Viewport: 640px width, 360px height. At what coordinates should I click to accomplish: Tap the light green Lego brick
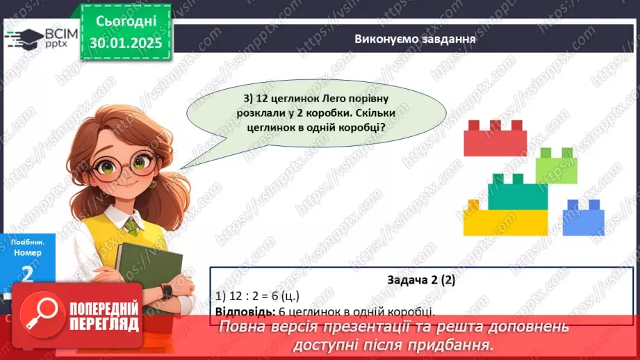point(557,168)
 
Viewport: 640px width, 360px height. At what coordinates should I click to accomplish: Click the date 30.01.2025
point(124,43)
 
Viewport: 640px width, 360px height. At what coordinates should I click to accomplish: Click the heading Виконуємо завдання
point(414,39)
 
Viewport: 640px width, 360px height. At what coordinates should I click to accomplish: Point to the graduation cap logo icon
point(26,38)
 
